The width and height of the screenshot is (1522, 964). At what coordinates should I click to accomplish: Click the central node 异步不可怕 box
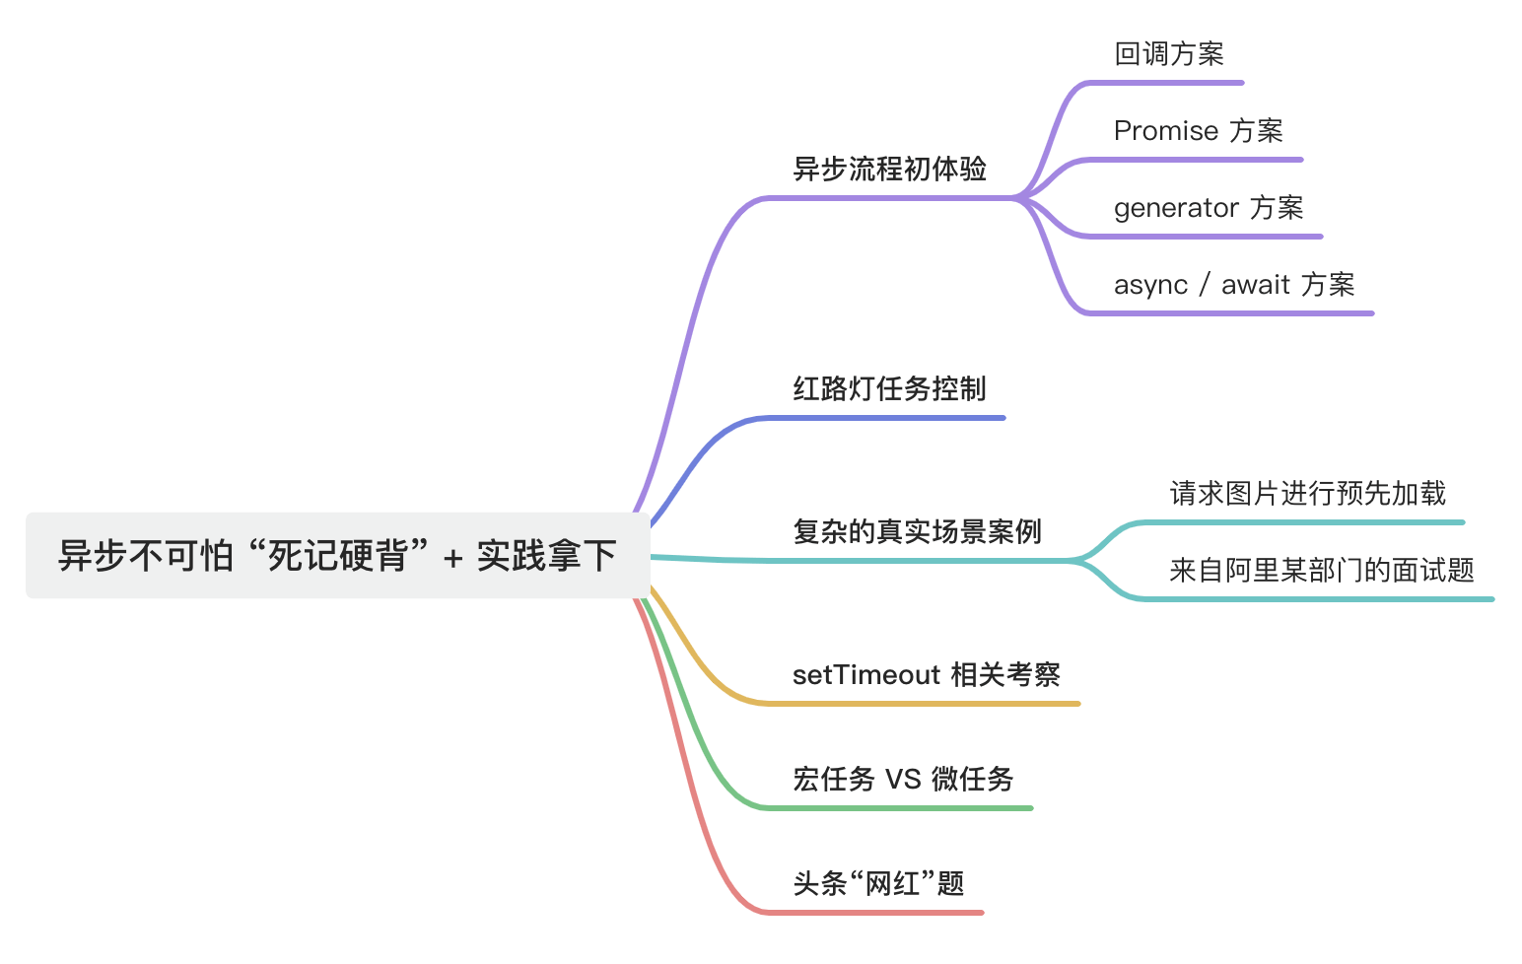coord(337,555)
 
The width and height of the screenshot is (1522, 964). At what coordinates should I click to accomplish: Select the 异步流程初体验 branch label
coord(889,170)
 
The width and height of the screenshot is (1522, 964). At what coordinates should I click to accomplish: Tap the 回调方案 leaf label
coord(1168,54)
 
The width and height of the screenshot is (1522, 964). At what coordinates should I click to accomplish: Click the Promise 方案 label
coord(1198,131)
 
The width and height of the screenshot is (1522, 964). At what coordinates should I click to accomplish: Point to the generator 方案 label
coord(1208,208)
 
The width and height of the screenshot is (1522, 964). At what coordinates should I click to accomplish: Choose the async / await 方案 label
coord(1233,285)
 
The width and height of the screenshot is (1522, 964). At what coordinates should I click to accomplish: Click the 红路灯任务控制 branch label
coord(889,389)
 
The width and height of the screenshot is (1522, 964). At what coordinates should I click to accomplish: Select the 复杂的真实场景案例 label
coord(917,532)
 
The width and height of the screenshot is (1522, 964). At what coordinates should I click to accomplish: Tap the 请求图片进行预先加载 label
coord(1307,493)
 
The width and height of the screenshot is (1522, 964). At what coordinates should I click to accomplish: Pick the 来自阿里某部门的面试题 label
coord(1321,570)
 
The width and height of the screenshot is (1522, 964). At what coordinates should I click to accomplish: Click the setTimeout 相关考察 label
coord(926,675)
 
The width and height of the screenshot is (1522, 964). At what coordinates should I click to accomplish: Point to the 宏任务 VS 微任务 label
coord(902,780)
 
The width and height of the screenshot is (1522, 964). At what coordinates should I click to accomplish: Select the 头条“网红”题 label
coord(878,883)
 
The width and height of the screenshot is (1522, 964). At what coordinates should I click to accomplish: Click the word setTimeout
coord(866,675)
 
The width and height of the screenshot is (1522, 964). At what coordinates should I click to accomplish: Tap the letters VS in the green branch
coord(902,780)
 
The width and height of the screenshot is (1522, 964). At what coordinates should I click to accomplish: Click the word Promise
coord(1165,131)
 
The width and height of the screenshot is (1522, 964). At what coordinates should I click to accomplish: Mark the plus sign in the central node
coord(452,558)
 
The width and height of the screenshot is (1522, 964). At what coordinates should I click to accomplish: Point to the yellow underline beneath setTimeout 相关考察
coord(927,704)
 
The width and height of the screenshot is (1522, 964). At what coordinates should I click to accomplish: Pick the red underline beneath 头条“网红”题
coord(877,913)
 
